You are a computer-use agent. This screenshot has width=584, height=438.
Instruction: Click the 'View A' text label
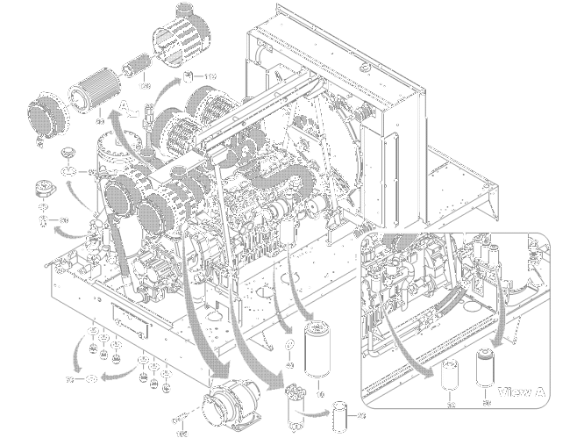click(x=522, y=391)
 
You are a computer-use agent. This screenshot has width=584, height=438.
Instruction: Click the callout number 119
click(x=210, y=75)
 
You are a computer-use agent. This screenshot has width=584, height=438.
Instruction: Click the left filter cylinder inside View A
click(x=452, y=376)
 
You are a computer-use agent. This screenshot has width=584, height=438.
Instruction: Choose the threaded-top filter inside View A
click(x=486, y=369)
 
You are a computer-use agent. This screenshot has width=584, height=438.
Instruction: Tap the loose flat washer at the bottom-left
click(x=89, y=379)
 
